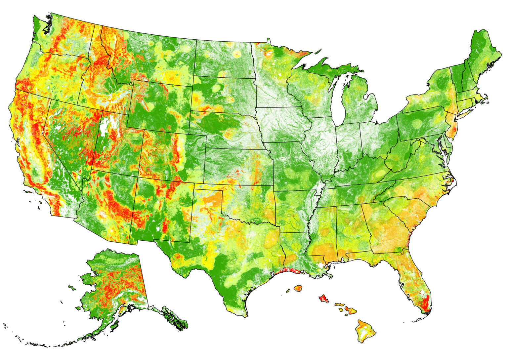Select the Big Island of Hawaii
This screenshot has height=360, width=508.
[366, 331]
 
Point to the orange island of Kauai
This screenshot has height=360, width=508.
[298, 288]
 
